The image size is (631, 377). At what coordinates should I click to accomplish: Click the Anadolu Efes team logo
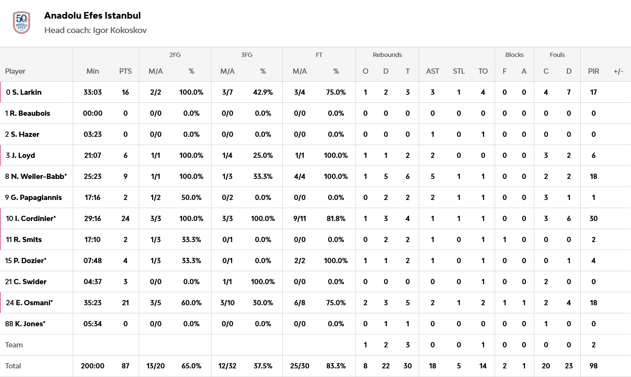coord(22,22)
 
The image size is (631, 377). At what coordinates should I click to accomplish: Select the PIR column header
coord(593,71)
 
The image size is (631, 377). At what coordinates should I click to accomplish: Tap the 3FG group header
coord(247,55)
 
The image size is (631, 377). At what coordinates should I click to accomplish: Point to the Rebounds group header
coord(387,55)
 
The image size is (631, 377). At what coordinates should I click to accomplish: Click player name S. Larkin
coord(27,92)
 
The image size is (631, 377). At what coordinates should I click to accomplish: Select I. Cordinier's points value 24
coord(125,219)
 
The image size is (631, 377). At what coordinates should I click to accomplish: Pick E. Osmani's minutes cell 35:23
coord(92,303)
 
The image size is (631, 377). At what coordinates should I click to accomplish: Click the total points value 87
coord(125,366)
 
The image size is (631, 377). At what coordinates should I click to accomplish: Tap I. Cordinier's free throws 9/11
coord(299,219)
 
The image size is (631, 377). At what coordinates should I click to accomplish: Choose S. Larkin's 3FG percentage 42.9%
coord(263,92)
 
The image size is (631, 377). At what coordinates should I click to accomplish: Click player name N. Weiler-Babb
coord(38,177)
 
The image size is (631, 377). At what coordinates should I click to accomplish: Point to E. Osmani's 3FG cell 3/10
coord(227,303)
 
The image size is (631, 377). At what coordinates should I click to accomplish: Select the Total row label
coord(13,366)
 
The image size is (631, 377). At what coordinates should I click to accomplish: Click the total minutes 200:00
coord(92,366)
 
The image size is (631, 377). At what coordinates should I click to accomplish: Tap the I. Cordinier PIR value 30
coord(593,219)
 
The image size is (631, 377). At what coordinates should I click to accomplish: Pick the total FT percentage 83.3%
coord(336,366)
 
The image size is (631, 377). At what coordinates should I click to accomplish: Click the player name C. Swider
coord(30,282)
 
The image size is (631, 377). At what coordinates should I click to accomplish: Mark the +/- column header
coord(618,71)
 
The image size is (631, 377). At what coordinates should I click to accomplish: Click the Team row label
coord(14,345)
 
